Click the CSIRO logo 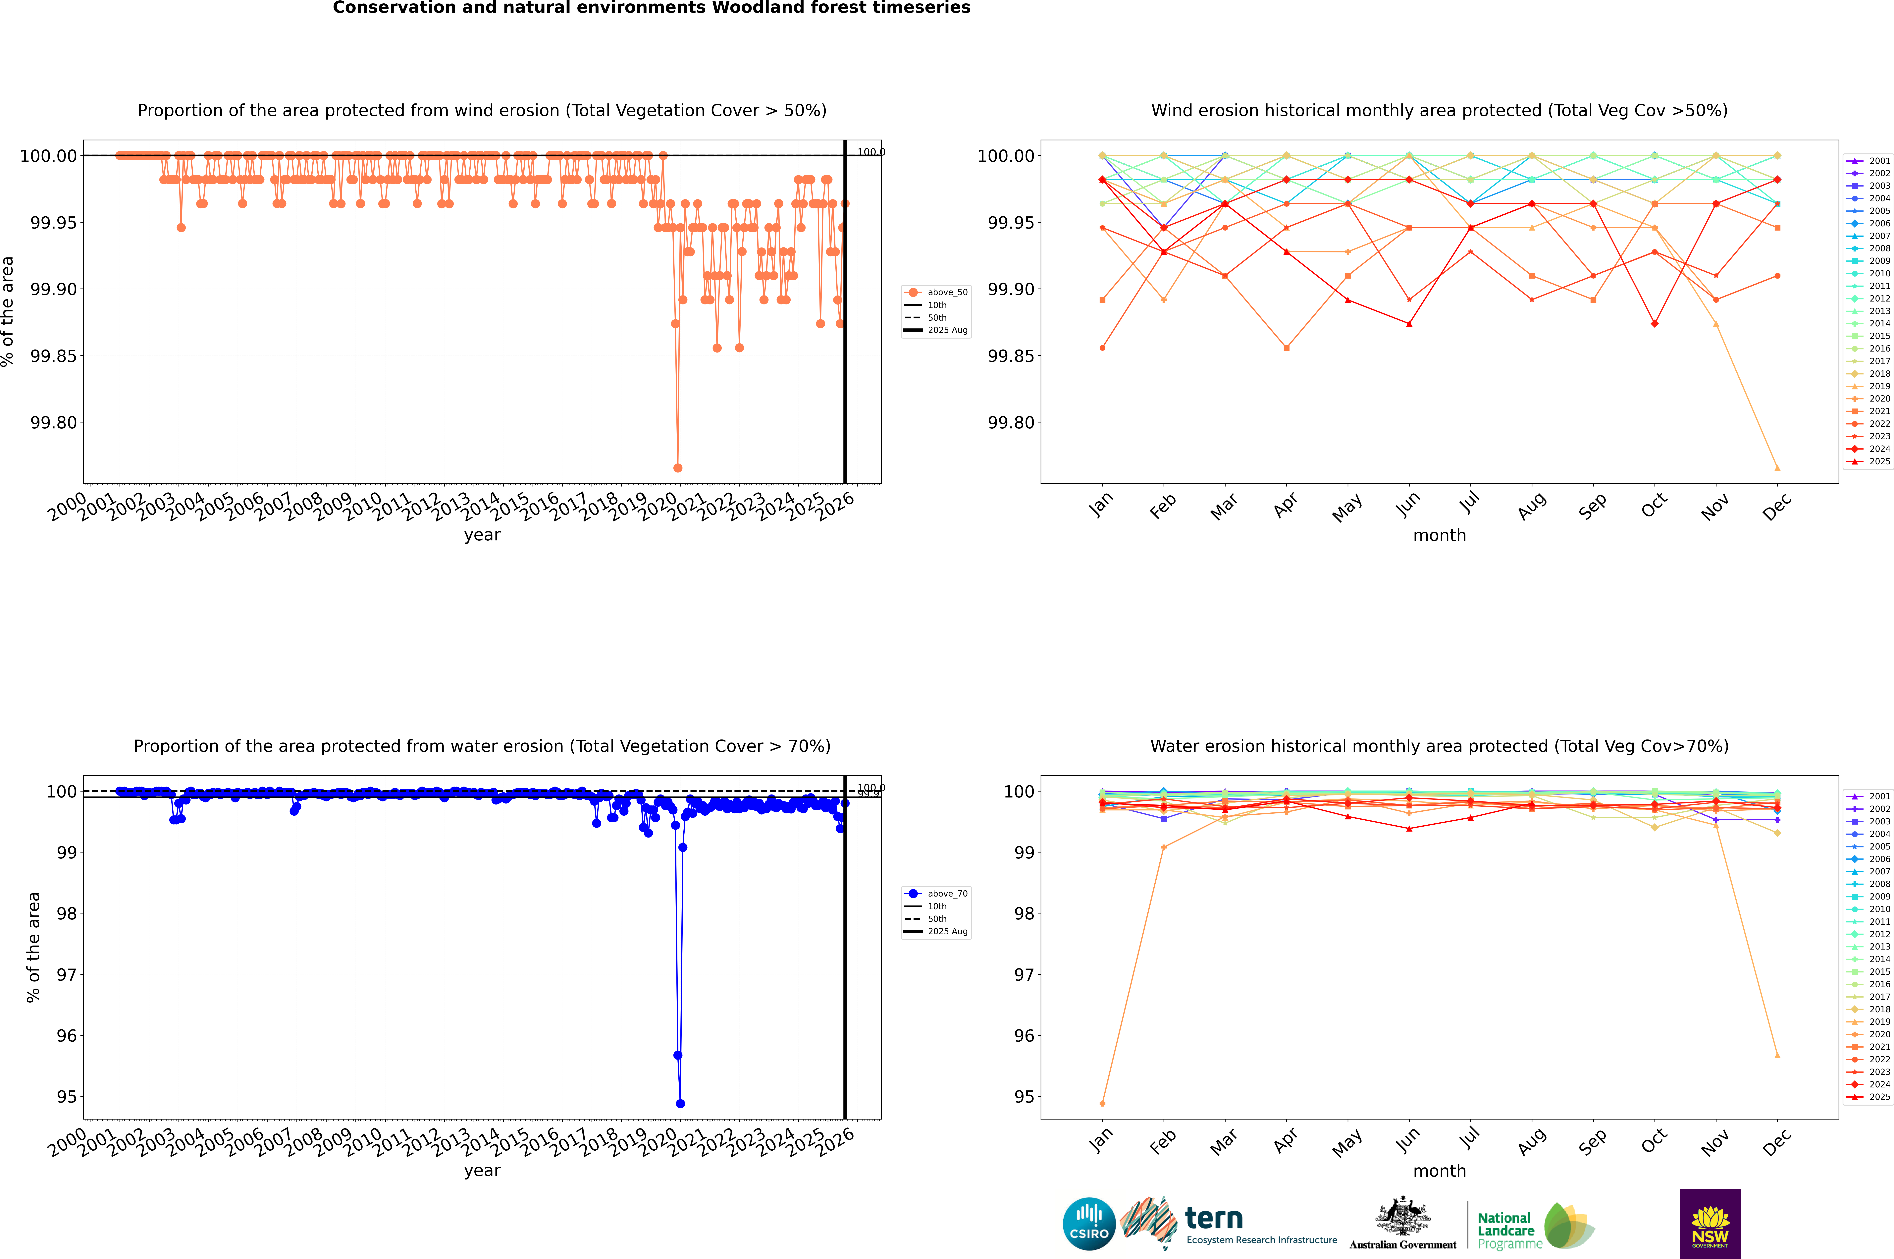point(1089,1224)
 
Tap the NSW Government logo point(1710,1224)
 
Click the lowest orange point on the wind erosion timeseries point(678,468)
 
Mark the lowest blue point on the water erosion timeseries point(680,1103)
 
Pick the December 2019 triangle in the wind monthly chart point(1777,468)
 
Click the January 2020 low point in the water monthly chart point(1102,1103)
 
